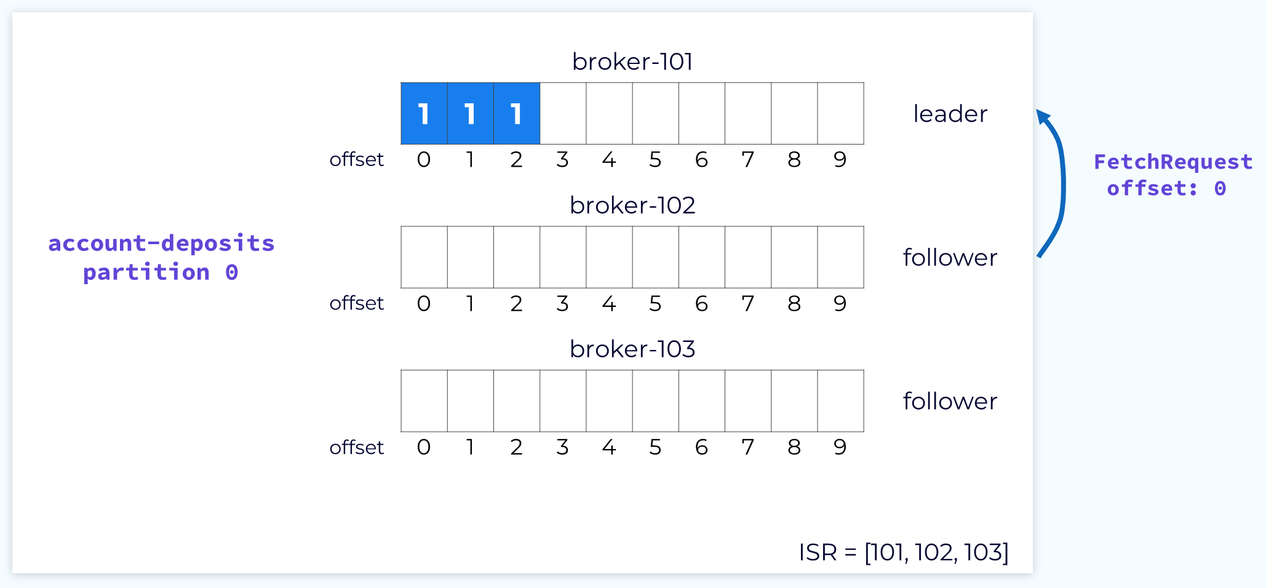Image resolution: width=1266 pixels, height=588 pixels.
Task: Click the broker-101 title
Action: pos(632,62)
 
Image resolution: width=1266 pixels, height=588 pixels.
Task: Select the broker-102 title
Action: pos(632,205)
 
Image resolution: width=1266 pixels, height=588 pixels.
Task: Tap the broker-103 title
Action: pos(632,349)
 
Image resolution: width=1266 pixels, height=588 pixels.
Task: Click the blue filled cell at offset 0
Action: pos(424,114)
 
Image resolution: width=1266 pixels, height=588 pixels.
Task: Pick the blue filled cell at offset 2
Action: pos(517,114)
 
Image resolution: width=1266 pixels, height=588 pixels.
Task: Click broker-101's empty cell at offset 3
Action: pos(563,114)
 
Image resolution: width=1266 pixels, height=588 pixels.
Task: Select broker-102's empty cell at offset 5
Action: pos(656,257)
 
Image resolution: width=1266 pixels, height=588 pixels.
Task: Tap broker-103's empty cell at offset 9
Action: pos(841,401)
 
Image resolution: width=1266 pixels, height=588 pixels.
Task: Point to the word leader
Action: pos(950,114)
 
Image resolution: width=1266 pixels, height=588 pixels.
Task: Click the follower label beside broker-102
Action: pos(950,257)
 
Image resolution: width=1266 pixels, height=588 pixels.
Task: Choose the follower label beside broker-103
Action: pos(950,401)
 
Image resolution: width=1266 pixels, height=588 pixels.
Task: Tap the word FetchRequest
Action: pos(1173,162)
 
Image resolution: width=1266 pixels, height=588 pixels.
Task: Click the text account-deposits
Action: pos(161,243)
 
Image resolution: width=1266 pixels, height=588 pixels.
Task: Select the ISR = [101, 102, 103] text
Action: pos(904,552)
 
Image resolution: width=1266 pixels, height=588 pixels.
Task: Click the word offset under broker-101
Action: pos(356,159)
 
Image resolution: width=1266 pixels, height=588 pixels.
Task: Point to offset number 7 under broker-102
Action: pos(748,303)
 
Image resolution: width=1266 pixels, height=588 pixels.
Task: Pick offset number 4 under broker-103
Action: pos(609,447)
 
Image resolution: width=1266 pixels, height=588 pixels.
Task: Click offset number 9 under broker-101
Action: pos(840,159)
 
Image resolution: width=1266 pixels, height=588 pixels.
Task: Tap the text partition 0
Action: pos(161,272)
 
